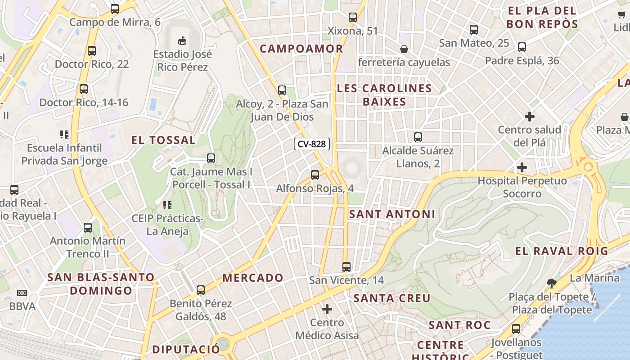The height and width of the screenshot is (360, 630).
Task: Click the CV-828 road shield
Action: pyautogui.click(x=312, y=144)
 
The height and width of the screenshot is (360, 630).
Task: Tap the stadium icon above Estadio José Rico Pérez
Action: pyautogui.click(x=182, y=41)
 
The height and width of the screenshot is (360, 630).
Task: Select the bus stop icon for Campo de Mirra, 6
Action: pyautogui.click(x=115, y=9)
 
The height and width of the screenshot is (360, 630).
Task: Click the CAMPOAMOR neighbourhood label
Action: pyautogui.click(x=301, y=49)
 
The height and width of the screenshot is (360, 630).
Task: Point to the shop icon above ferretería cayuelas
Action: pyautogui.click(x=404, y=49)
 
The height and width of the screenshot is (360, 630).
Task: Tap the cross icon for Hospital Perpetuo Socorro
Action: pyautogui.click(x=522, y=167)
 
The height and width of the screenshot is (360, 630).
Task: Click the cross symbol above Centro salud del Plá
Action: pyautogui.click(x=530, y=117)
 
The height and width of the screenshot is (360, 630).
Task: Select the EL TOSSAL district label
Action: pyautogui.click(x=163, y=140)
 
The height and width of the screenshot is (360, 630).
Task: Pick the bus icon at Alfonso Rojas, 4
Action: pyautogui.click(x=315, y=175)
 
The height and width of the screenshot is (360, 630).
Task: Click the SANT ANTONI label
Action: pyautogui.click(x=392, y=214)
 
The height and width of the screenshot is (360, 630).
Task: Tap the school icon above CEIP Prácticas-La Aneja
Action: pyautogui.click(x=167, y=205)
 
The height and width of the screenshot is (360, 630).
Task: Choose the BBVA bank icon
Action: pyautogui.click(x=22, y=293)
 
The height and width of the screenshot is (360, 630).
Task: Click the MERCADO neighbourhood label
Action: pyautogui.click(x=253, y=278)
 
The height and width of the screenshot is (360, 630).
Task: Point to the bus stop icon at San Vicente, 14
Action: pyautogui.click(x=346, y=266)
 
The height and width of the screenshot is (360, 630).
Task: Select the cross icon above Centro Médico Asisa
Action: pyautogui.click(x=327, y=309)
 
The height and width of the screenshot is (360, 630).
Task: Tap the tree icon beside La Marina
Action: pyautogui.click(x=552, y=283)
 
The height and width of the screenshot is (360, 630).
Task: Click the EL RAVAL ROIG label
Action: pyautogui.click(x=562, y=251)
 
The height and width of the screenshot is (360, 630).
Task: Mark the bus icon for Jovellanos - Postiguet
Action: pyautogui.click(x=516, y=329)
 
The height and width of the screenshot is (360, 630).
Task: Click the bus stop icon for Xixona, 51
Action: pyautogui.click(x=353, y=18)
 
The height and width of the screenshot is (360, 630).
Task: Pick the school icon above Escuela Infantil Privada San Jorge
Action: pyautogui.click(x=64, y=134)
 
